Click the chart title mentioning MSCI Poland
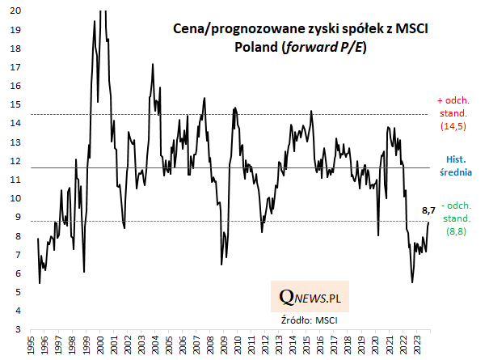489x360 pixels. point(301,36)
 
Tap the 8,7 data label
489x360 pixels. point(429,211)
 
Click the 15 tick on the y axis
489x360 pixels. point(16,105)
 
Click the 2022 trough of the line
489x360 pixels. point(412,282)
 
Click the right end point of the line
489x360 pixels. point(429,222)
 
